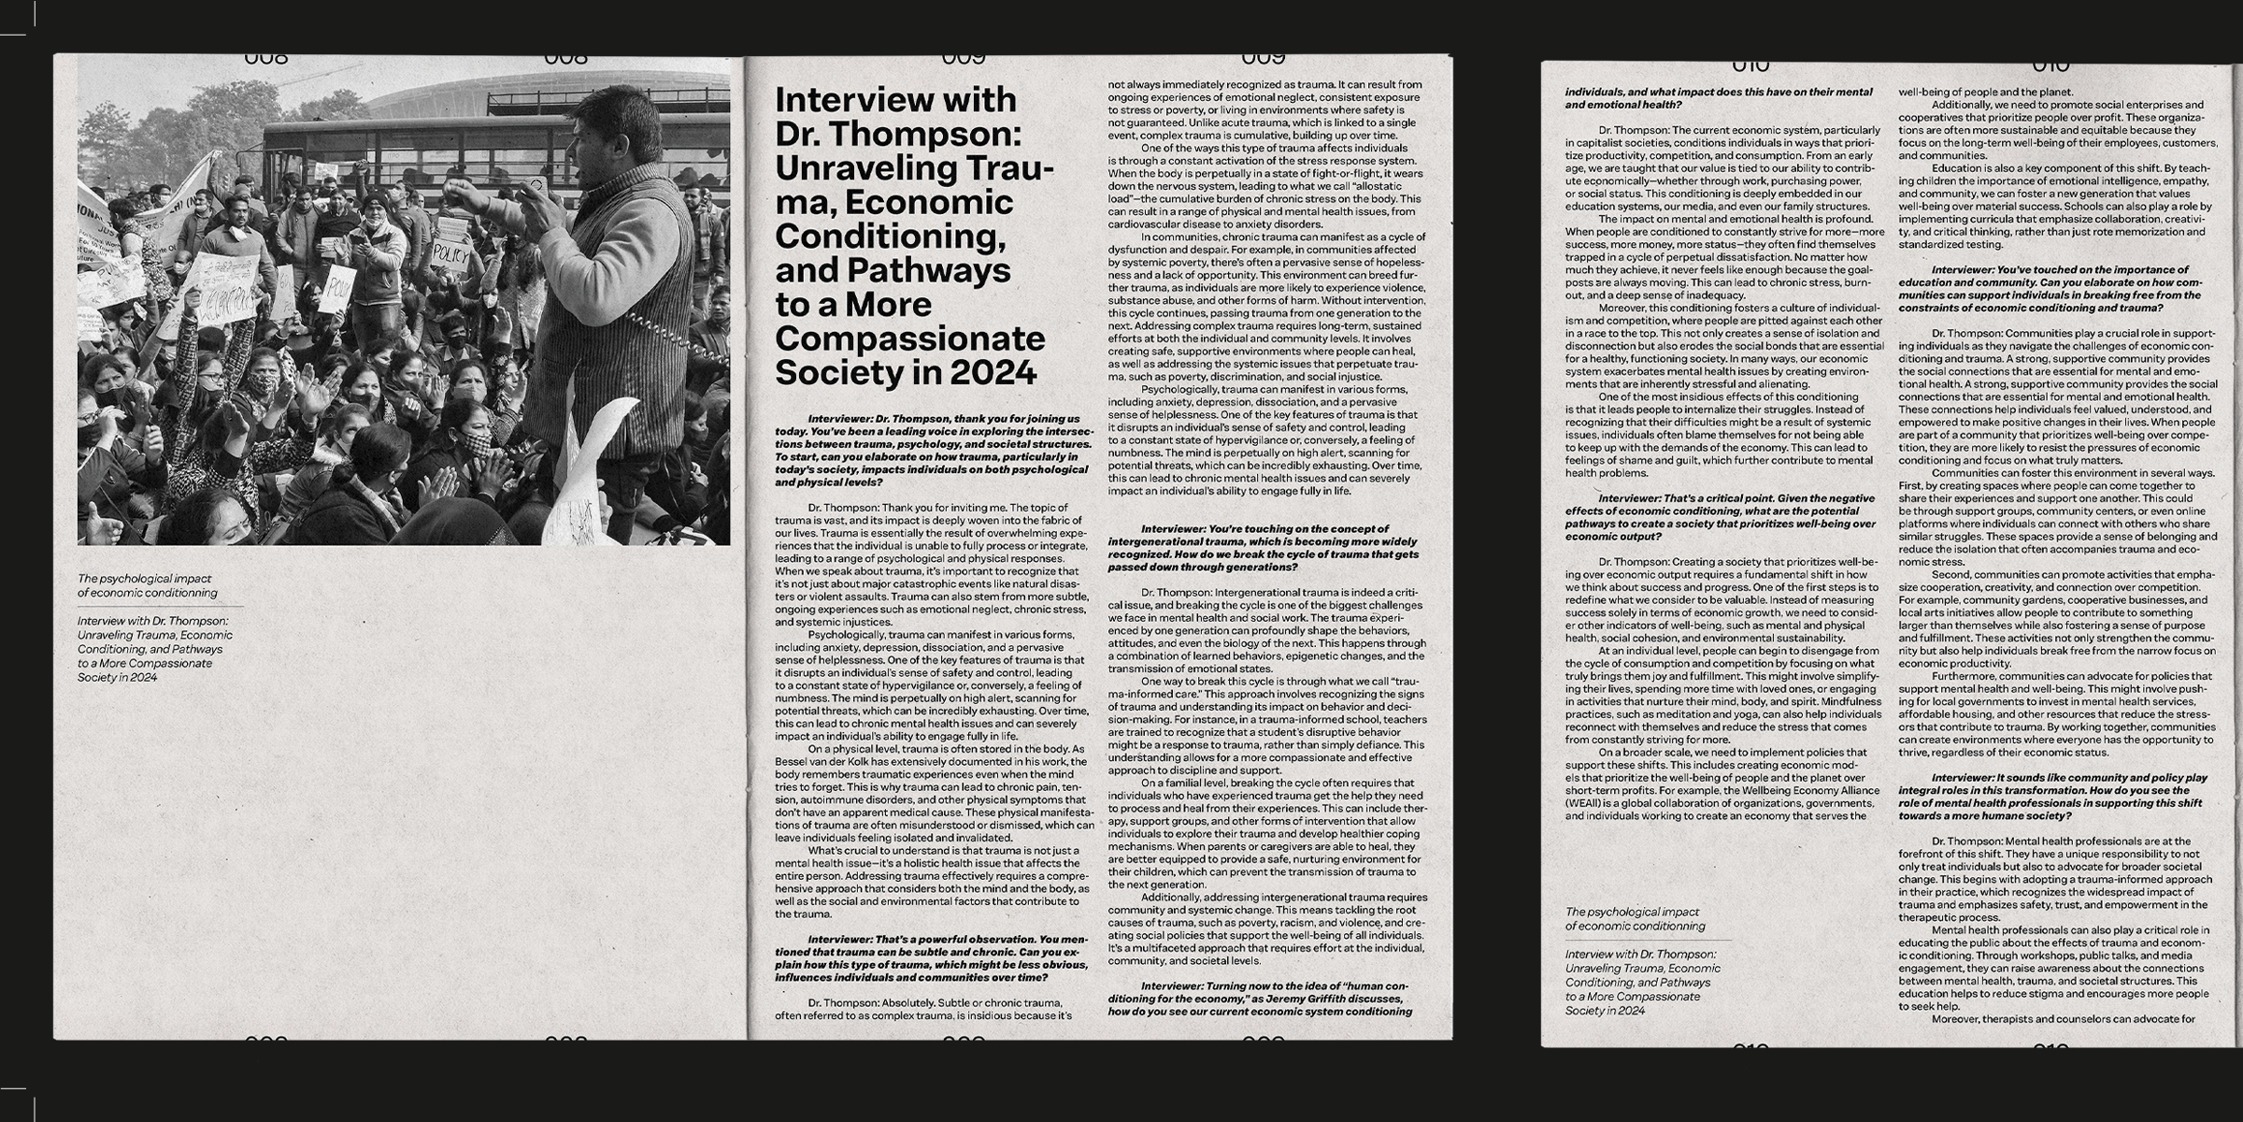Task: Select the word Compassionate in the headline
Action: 909,338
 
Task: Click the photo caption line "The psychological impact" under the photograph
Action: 144,579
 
